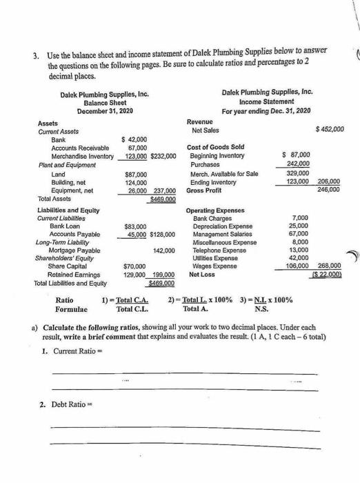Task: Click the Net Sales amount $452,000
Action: point(329,129)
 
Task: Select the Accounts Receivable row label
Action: point(81,148)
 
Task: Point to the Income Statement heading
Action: point(267,101)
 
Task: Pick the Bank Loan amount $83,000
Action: point(137,226)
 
